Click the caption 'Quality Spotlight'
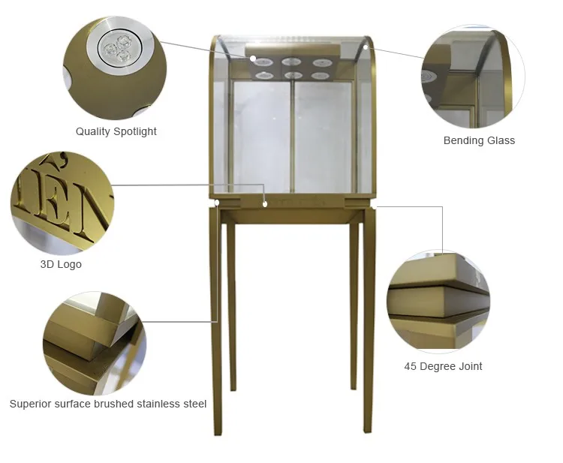116,131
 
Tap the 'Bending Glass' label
479,140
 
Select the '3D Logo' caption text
61,264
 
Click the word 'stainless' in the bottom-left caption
160,404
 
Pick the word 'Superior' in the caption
31,404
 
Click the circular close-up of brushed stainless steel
94,343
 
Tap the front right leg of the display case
369,323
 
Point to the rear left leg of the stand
233,308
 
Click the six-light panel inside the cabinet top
294,68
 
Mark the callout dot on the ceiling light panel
254,58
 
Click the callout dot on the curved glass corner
366,47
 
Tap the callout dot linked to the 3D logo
265,202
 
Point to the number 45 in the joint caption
411,366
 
